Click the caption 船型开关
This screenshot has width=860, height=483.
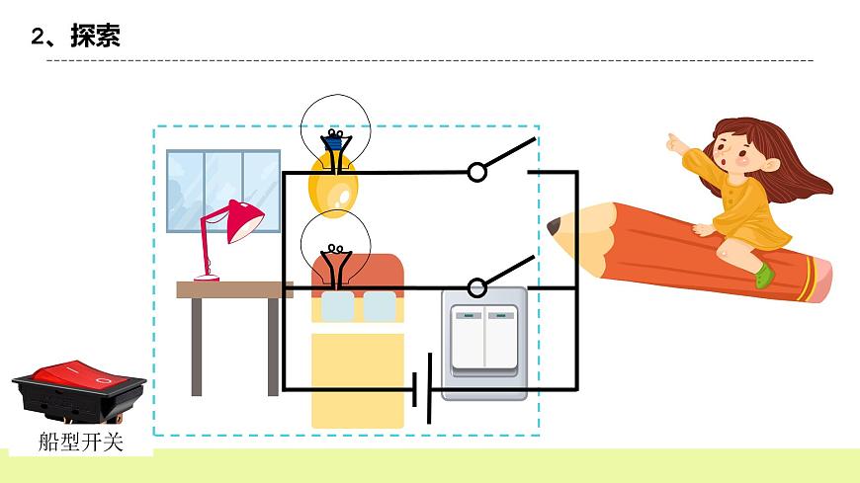(81, 442)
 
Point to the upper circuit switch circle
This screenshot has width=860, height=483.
(477, 172)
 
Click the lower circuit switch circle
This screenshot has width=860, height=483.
(477, 287)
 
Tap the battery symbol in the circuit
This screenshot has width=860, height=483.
(422, 388)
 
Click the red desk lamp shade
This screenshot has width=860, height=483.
(243, 221)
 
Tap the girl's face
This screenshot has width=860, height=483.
(735, 153)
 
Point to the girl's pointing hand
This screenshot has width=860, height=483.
(676, 143)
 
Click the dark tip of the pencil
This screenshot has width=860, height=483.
(554, 226)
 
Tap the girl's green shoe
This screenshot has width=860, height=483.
(763, 275)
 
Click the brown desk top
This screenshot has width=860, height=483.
(233, 289)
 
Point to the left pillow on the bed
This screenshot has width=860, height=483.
(337, 307)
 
